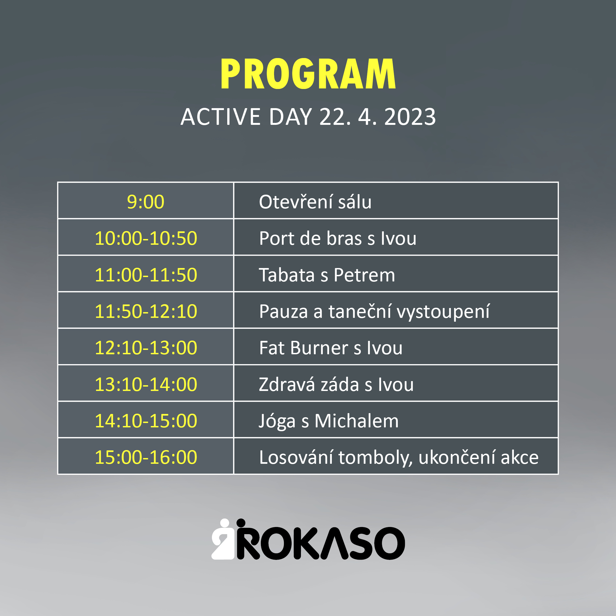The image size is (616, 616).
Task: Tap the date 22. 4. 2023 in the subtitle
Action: [378, 117]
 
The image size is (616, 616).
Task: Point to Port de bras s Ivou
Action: [338, 238]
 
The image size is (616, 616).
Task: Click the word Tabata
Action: [287, 275]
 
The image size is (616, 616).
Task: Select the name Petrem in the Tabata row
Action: [364, 275]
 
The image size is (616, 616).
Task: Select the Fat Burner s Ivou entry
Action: [331, 347]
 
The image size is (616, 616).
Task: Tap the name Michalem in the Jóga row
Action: [356, 421]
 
